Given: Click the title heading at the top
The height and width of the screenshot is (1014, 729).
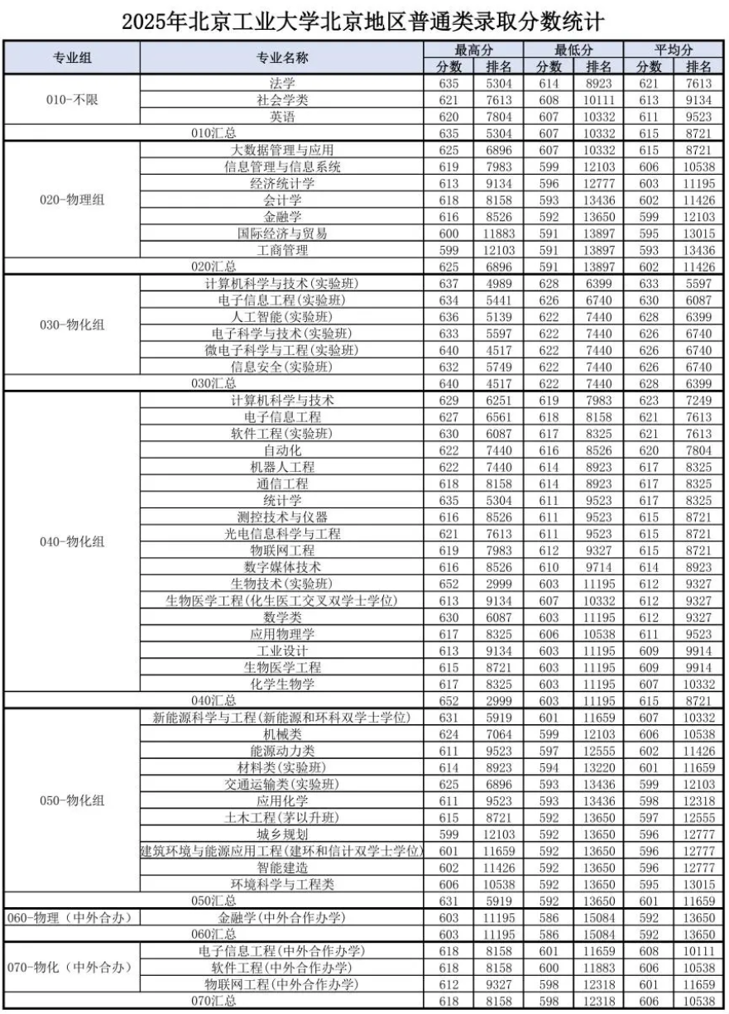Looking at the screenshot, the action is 364,19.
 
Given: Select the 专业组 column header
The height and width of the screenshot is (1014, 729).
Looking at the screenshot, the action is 73,57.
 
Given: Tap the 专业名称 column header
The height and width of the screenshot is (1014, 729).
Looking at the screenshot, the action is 282,57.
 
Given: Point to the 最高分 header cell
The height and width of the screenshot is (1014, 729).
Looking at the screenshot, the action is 473,50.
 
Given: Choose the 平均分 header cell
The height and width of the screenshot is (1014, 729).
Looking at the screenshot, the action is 674,50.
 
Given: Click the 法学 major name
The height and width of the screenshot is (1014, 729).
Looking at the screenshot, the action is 282,83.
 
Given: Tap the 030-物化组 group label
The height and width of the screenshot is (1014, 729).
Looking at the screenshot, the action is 73,325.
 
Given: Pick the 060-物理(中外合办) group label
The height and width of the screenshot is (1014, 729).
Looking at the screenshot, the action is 73,917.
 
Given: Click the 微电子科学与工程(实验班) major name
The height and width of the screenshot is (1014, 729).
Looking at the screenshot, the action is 282,350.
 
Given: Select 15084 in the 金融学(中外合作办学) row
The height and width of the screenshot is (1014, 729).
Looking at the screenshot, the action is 599,917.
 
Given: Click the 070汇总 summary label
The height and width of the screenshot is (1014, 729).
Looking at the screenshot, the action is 214,1001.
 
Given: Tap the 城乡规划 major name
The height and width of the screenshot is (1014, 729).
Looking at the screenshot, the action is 282,834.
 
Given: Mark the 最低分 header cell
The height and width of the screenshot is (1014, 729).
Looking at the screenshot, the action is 573,50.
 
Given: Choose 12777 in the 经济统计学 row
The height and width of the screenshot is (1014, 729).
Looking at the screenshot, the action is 599,183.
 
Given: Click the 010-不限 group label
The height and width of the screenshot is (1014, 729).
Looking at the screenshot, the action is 73,99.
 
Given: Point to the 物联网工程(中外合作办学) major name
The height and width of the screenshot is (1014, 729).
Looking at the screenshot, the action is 282,984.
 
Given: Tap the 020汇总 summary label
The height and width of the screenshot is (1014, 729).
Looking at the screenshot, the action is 214,267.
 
